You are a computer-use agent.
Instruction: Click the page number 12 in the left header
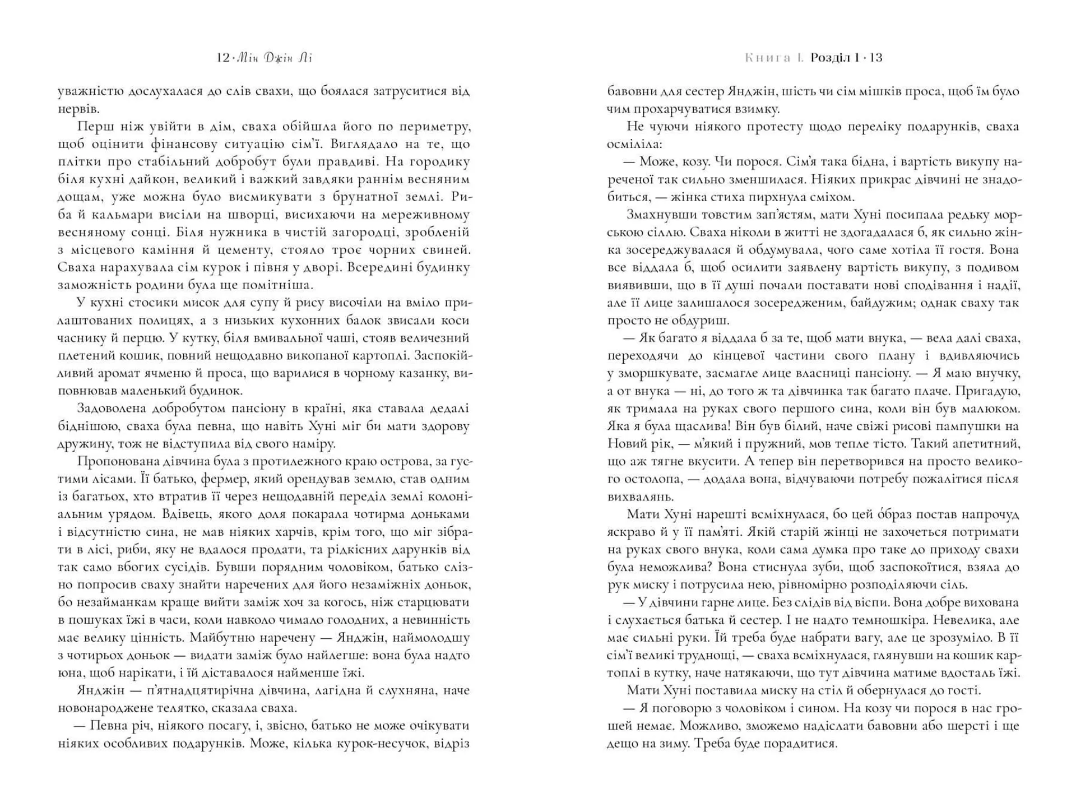[222, 58]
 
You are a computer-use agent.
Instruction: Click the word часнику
[82, 338]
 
